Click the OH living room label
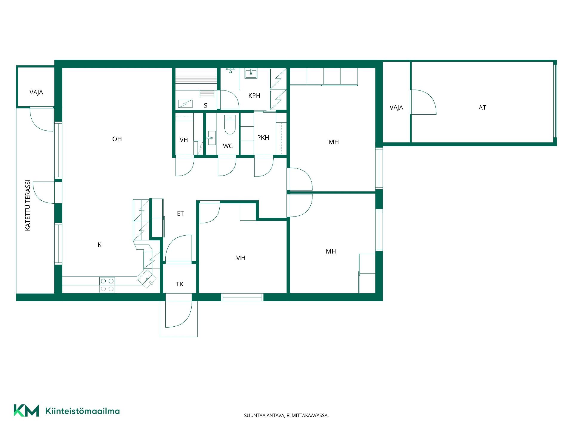pyautogui.click(x=117, y=139)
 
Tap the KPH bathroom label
pyautogui.click(x=254, y=96)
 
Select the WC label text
pyautogui.click(x=228, y=146)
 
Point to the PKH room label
pyautogui.click(x=263, y=138)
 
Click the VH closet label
pyautogui.click(x=184, y=140)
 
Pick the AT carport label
pyautogui.click(x=482, y=107)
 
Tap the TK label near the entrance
pyautogui.click(x=179, y=284)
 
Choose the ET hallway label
pyautogui.click(x=180, y=214)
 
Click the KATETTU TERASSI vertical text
pyautogui.click(x=28, y=205)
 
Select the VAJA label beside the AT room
pyautogui.click(x=396, y=107)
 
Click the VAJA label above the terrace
pyautogui.click(x=36, y=92)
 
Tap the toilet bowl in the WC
pyautogui.click(x=230, y=125)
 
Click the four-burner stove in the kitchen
pyautogui.click(x=107, y=285)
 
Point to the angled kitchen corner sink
pyautogui.click(x=147, y=279)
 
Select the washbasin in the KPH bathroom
pyautogui.click(x=251, y=73)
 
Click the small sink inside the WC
pyautogui.click(x=211, y=138)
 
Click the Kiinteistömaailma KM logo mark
pyautogui.click(x=26, y=410)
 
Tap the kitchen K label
pyautogui.click(x=100, y=245)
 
